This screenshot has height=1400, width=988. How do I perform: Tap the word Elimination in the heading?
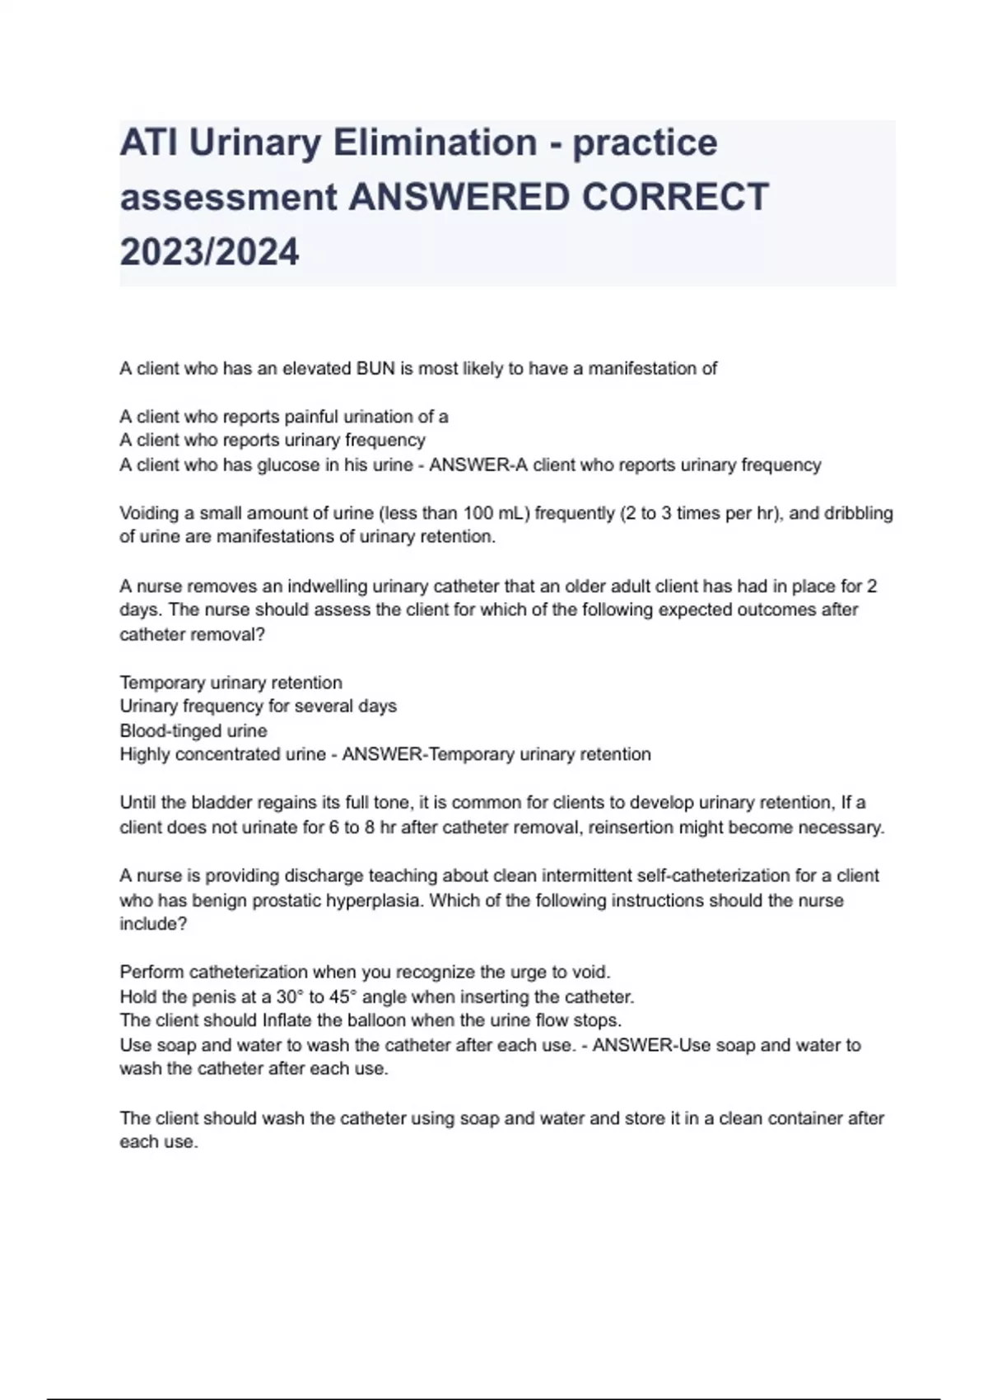tap(436, 142)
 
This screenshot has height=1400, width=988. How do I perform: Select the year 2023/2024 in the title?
tap(209, 251)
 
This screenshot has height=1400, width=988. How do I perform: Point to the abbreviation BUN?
tap(375, 368)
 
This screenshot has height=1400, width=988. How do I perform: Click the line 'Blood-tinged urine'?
tap(193, 730)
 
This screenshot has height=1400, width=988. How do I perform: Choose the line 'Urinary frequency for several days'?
tap(258, 707)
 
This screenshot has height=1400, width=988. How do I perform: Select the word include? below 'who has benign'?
tap(153, 924)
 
